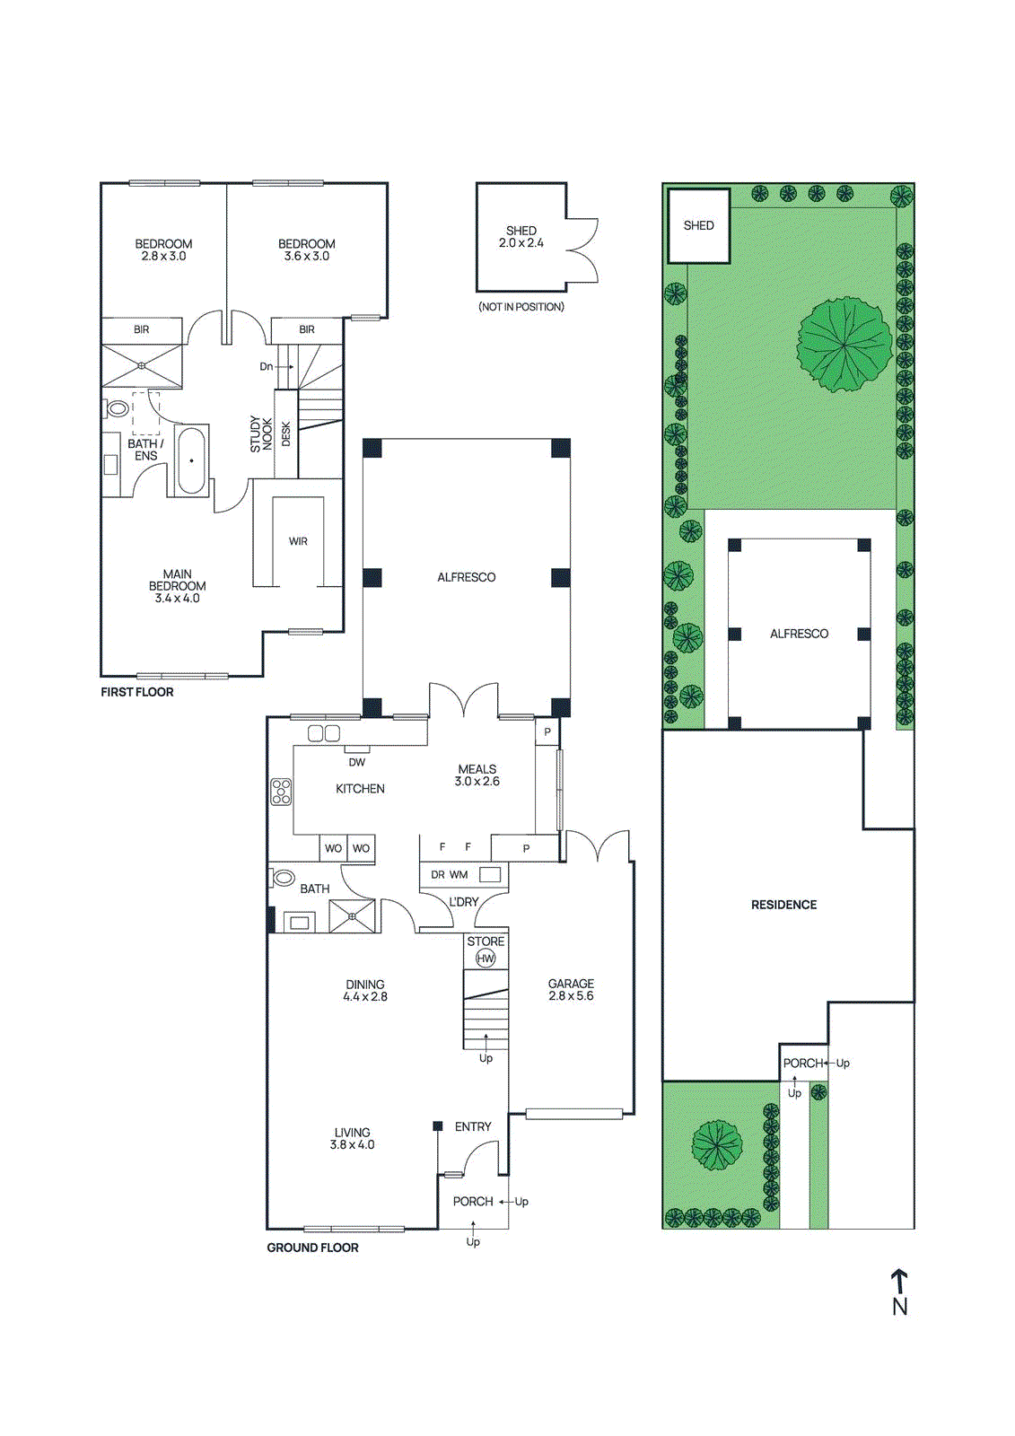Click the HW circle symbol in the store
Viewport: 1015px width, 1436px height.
click(486, 959)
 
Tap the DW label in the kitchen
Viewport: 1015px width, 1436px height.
click(356, 762)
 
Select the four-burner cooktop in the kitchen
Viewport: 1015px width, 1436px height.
click(281, 791)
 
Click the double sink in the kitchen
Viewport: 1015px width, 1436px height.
click(324, 732)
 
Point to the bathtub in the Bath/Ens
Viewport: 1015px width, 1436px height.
click(191, 459)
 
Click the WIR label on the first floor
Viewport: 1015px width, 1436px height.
click(298, 541)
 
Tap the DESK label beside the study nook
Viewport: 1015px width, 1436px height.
click(286, 434)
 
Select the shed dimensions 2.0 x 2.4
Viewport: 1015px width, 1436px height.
click(521, 243)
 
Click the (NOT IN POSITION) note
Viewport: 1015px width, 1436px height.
click(521, 306)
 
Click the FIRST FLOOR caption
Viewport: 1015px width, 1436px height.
click(137, 692)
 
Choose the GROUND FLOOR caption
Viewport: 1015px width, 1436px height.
click(312, 1248)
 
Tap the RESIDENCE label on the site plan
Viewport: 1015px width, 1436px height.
click(783, 905)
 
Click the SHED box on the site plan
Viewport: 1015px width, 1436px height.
click(699, 225)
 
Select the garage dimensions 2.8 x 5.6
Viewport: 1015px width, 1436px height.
click(571, 995)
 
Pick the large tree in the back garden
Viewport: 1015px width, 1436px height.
click(845, 346)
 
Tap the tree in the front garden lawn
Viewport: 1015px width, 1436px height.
click(717, 1144)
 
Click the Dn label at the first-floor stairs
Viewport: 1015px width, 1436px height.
click(267, 367)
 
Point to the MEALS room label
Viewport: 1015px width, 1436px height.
click(477, 768)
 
